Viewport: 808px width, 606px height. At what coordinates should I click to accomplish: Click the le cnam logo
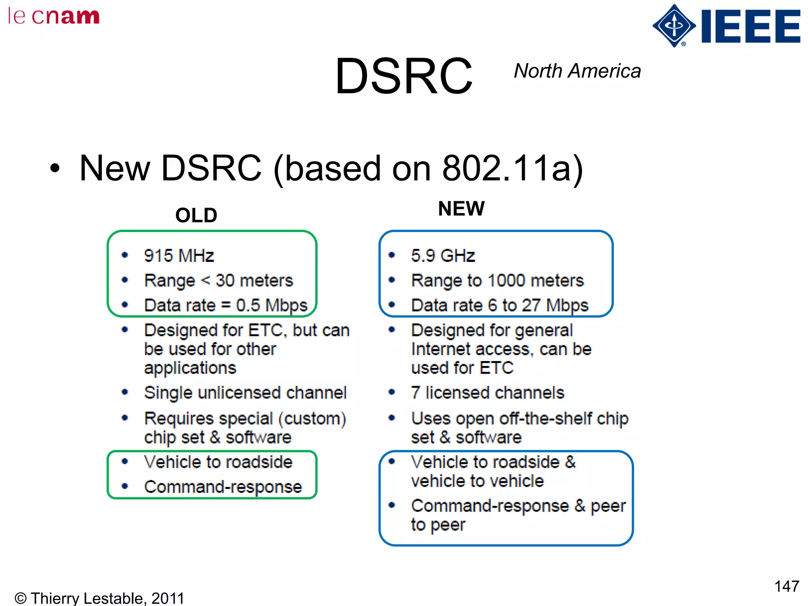click(x=54, y=17)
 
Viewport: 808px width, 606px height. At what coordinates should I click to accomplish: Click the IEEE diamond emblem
click(x=674, y=26)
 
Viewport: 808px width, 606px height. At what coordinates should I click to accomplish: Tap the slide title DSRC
click(x=403, y=76)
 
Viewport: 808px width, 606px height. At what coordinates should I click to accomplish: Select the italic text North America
click(x=577, y=71)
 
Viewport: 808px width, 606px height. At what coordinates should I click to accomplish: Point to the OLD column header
click(x=196, y=215)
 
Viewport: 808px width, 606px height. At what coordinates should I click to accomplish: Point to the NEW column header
click(x=461, y=208)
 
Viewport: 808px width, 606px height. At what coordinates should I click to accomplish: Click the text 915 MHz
click(x=179, y=256)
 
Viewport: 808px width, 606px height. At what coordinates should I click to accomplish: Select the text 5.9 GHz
click(x=443, y=256)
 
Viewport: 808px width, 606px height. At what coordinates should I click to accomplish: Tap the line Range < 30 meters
click(x=219, y=281)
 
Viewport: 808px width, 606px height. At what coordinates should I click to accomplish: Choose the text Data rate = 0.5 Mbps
click(x=225, y=305)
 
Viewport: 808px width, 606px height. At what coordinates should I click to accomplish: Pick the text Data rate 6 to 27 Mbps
click(x=499, y=305)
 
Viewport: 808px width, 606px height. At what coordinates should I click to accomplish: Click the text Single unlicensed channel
click(x=245, y=393)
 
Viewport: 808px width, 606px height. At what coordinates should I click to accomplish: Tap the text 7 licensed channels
click(x=487, y=393)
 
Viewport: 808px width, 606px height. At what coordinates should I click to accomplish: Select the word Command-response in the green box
click(x=223, y=487)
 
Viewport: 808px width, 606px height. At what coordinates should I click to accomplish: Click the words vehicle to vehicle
click(x=477, y=481)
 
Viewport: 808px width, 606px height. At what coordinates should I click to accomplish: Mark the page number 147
click(x=786, y=586)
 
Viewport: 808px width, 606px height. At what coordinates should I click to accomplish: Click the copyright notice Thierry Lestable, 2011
click(x=99, y=598)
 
